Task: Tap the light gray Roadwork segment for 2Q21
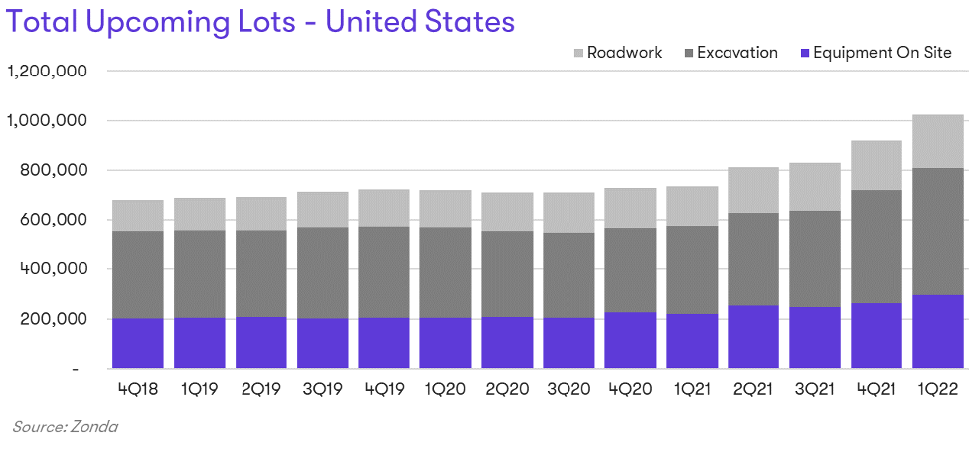pyautogui.click(x=753, y=190)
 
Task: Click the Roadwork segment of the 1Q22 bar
pyautogui.click(x=938, y=141)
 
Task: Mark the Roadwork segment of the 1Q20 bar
pyautogui.click(x=446, y=209)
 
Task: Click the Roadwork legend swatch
pyautogui.click(x=577, y=53)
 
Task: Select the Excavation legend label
pyautogui.click(x=736, y=53)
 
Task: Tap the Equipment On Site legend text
pyautogui.click(x=883, y=53)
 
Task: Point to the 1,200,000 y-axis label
pyautogui.click(x=49, y=72)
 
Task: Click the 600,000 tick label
pyautogui.click(x=56, y=220)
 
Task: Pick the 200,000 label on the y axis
pyautogui.click(x=56, y=319)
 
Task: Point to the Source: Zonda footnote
pyautogui.click(x=66, y=426)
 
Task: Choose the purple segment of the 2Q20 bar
pyautogui.click(x=508, y=342)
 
